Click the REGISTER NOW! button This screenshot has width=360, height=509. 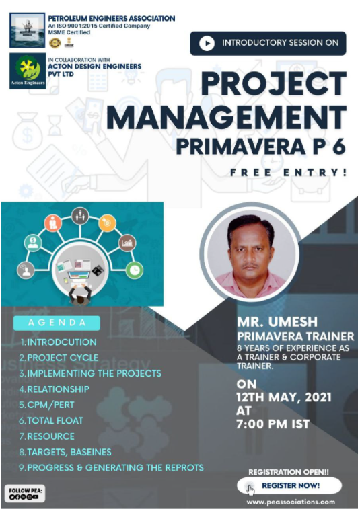tap(290, 485)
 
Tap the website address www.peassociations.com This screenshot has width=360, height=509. tap(290, 502)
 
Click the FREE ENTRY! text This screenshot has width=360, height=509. tap(289, 173)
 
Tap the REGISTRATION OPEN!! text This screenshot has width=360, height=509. tap(283, 471)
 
